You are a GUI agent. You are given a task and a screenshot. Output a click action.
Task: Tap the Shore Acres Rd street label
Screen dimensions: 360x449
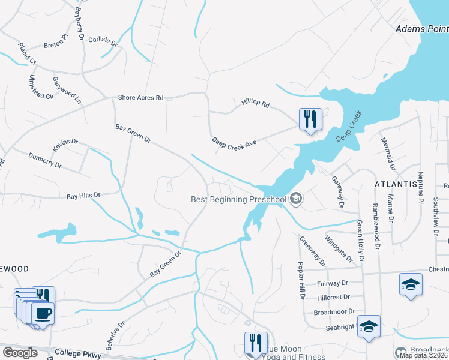point(140,97)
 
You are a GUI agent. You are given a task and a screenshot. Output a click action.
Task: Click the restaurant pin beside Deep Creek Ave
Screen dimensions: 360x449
point(310,120)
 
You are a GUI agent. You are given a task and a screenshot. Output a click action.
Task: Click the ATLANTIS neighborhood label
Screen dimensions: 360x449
point(396,184)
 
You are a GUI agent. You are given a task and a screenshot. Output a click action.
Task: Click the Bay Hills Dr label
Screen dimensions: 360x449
point(83,196)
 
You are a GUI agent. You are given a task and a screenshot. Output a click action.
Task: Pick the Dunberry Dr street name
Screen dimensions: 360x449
point(45,160)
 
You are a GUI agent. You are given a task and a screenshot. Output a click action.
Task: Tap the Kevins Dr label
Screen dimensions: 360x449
point(65,145)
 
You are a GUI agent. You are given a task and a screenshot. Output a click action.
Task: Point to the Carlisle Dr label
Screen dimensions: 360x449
point(102,40)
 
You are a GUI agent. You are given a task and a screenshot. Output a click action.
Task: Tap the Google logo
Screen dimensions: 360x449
point(20,353)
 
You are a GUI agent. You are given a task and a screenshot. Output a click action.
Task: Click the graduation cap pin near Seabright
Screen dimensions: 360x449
point(369,327)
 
